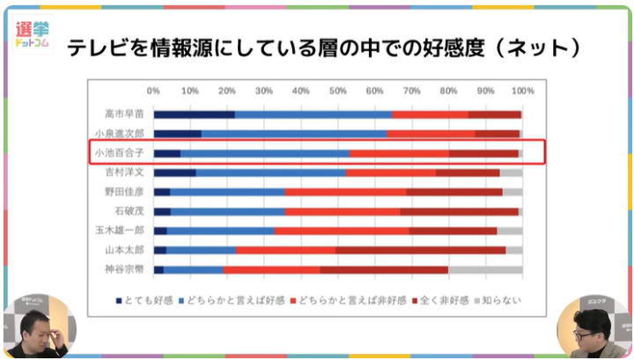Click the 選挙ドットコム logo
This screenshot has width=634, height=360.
(x=32, y=34)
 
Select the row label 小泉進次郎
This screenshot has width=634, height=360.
(x=119, y=133)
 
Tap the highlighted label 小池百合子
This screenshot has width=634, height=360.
(x=119, y=152)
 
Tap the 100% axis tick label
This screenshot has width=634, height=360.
(x=522, y=91)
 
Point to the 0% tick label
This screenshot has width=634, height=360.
(x=154, y=91)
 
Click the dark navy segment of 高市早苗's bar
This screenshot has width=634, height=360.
(x=194, y=114)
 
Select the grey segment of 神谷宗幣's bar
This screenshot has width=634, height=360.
(x=485, y=268)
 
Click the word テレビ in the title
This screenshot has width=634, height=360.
(x=93, y=48)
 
